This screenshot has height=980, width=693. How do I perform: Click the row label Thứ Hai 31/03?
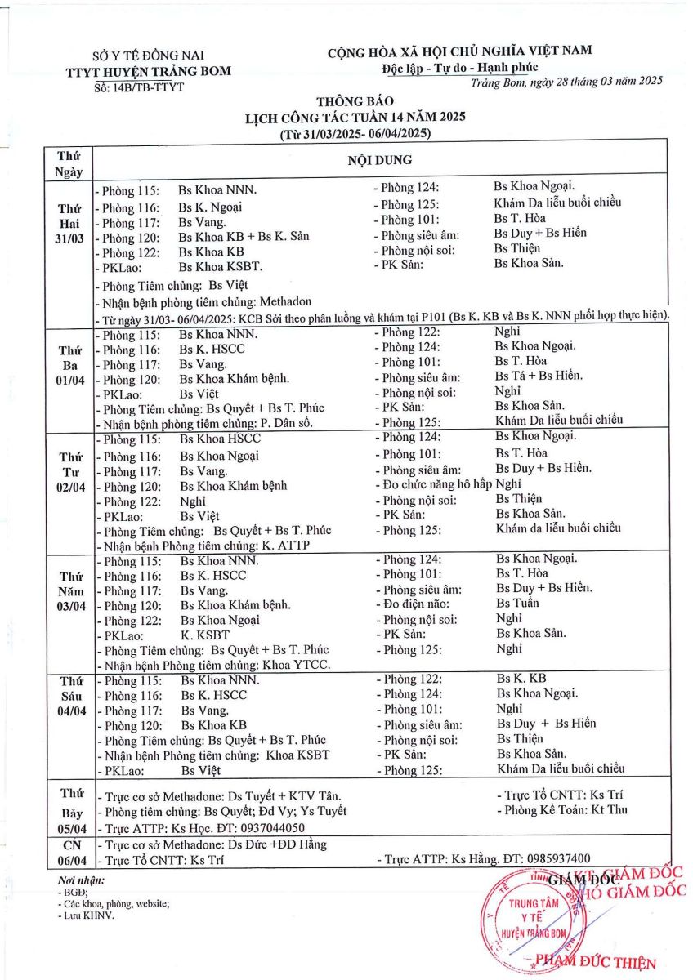point(69,223)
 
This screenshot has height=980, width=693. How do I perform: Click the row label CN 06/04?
point(69,853)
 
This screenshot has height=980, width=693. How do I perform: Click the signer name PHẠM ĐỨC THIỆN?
point(594,963)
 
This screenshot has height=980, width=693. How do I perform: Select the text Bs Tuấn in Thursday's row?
point(517,603)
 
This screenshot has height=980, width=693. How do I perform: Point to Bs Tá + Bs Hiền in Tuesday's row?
point(539,376)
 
